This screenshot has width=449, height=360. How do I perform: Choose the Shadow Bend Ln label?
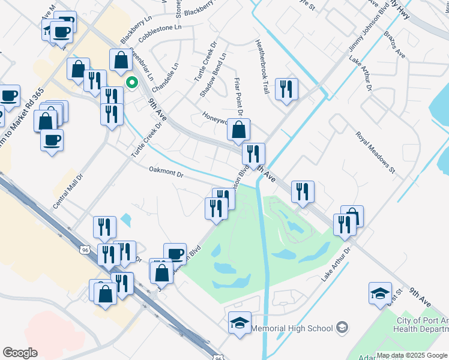point(213,76)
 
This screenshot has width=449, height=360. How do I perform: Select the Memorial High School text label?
point(292,328)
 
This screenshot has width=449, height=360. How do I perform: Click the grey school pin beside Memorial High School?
point(342,328)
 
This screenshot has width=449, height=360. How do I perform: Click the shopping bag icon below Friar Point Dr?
point(239,128)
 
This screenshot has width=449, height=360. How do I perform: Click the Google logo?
point(20,353)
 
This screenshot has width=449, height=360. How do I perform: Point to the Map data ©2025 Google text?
point(412,355)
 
